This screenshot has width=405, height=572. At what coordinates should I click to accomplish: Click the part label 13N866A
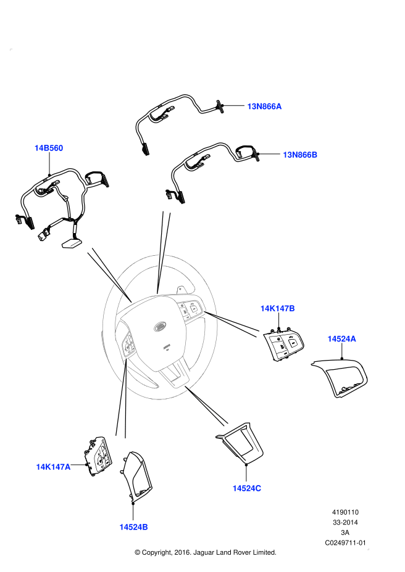pos(264,106)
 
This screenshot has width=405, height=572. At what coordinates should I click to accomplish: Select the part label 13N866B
pos(300,155)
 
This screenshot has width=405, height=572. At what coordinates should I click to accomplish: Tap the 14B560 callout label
pos(49,148)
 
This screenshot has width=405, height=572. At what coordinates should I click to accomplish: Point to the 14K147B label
pos(278,308)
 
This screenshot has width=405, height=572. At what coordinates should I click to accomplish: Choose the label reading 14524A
pos(342,339)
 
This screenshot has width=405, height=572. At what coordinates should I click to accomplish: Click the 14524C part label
pos(247,488)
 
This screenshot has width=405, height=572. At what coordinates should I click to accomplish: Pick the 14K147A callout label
pos(53,467)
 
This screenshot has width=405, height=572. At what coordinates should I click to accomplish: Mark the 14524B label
pos(133,527)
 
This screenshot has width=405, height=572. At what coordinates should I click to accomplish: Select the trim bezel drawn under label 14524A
pos(340,376)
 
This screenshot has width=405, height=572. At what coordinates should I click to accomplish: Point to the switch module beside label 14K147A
pos(98,456)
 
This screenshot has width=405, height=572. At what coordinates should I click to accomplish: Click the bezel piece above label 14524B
pos(137,475)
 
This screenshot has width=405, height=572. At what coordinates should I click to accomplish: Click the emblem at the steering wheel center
pos(161,326)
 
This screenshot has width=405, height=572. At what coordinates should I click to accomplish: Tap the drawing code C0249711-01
pos(346,543)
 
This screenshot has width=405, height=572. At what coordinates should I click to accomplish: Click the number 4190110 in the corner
pos(346,512)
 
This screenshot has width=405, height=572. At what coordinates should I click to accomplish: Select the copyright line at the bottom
pos(206,552)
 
